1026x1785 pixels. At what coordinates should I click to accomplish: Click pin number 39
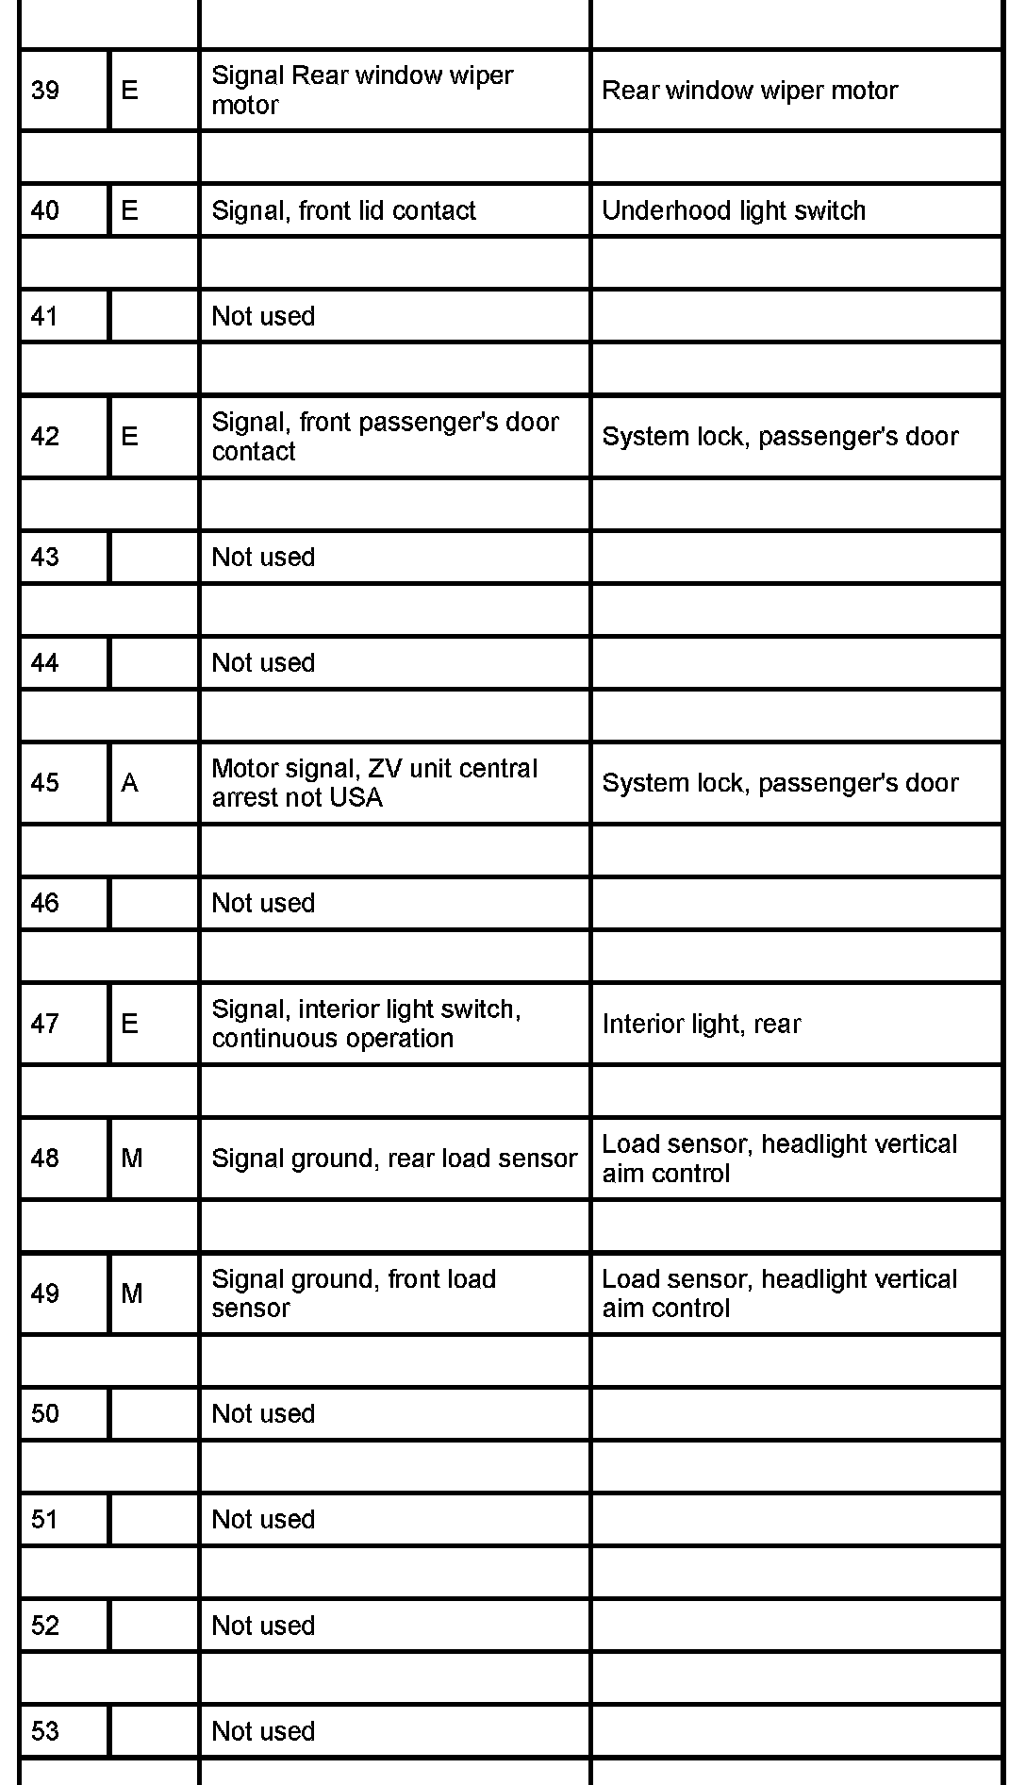(45, 91)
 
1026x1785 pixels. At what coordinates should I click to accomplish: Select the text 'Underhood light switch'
(734, 210)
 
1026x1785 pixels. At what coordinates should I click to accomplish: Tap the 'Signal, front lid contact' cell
(343, 210)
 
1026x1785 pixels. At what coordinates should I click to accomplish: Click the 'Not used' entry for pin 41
(263, 316)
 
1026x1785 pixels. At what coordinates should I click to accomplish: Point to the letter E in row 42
(130, 437)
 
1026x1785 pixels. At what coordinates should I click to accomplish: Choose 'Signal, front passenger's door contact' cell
(385, 436)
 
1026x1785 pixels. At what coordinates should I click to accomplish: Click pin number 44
(45, 663)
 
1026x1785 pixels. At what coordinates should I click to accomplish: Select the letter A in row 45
(130, 783)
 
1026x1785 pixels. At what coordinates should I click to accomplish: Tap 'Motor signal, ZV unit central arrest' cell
(374, 783)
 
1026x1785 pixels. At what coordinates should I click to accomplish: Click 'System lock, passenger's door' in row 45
(780, 783)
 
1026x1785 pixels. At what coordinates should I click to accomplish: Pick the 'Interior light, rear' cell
(702, 1024)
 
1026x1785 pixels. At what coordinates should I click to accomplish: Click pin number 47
(45, 1024)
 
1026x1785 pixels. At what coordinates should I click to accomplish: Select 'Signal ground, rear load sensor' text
(394, 1159)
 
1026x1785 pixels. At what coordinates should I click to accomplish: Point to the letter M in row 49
(132, 1293)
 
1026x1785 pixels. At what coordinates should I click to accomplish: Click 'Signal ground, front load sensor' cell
(354, 1293)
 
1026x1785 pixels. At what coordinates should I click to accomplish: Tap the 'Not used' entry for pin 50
(263, 1413)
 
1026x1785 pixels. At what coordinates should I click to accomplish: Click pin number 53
(45, 1731)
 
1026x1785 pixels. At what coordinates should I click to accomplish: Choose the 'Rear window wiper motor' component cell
(750, 91)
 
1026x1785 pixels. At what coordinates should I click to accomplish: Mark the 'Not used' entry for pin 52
(263, 1626)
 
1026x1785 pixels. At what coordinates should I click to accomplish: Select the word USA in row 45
(356, 798)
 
